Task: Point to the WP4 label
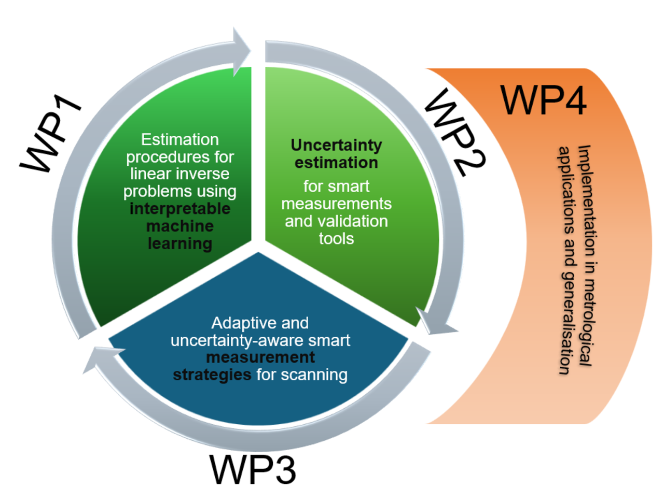coord(544,98)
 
